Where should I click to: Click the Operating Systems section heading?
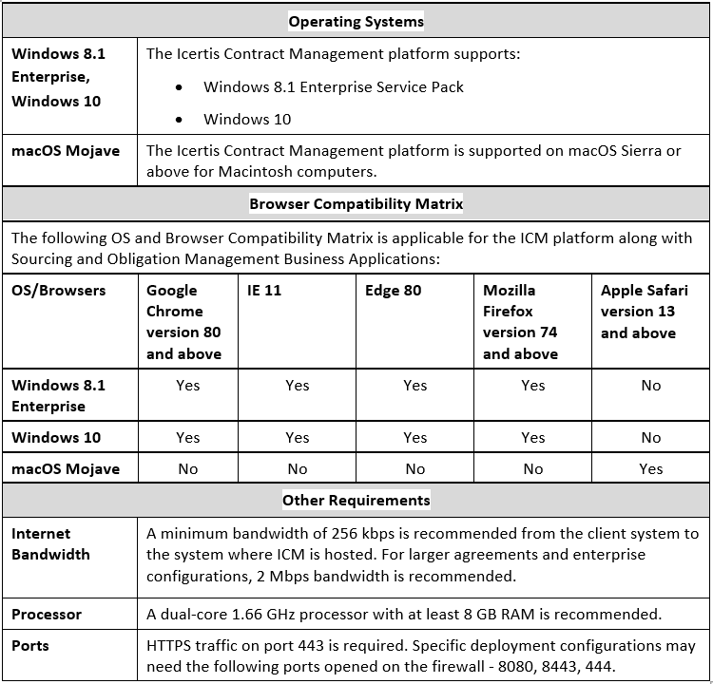[356, 21]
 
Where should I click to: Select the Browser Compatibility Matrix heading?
[356, 204]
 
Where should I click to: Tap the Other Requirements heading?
[356, 500]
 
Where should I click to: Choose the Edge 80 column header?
[393, 291]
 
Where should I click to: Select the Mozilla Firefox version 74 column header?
[520, 322]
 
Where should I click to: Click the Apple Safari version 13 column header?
[639, 312]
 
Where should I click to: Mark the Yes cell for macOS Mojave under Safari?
[651, 468]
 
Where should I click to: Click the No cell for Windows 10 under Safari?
[651, 438]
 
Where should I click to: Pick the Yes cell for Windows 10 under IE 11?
[298, 438]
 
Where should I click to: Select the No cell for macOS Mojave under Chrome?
[188, 468]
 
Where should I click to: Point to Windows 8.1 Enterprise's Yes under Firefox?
[533, 386]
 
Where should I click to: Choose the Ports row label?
[30, 646]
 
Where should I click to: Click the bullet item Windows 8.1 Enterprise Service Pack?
[334, 87]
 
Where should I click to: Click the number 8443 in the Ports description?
[607, 666]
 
